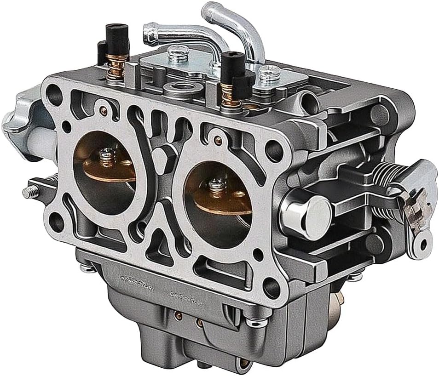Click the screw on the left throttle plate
[x=107, y=158]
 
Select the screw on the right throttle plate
[x=214, y=186]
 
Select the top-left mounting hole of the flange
[x=55, y=96]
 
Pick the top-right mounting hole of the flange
[x=275, y=150]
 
